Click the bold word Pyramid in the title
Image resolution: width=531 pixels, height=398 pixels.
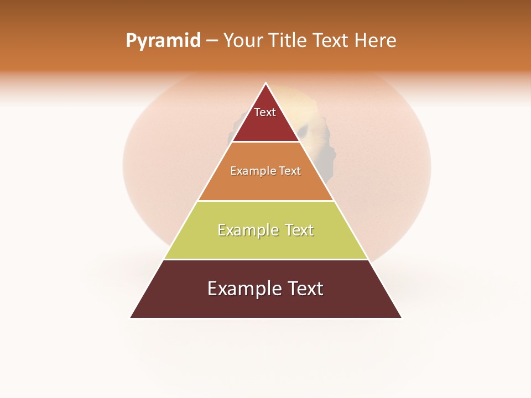click(163, 41)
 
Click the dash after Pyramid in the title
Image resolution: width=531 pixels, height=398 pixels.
click(212, 41)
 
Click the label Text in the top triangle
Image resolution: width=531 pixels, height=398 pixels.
click(265, 113)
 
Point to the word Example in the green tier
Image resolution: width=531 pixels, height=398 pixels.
click(247, 230)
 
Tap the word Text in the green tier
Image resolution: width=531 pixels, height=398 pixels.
click(299, 230)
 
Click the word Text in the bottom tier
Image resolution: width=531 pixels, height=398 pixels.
click(304, 289)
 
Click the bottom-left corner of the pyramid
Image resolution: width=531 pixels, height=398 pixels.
click(131, 317)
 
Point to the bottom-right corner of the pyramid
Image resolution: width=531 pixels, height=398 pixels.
click(401, 317)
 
